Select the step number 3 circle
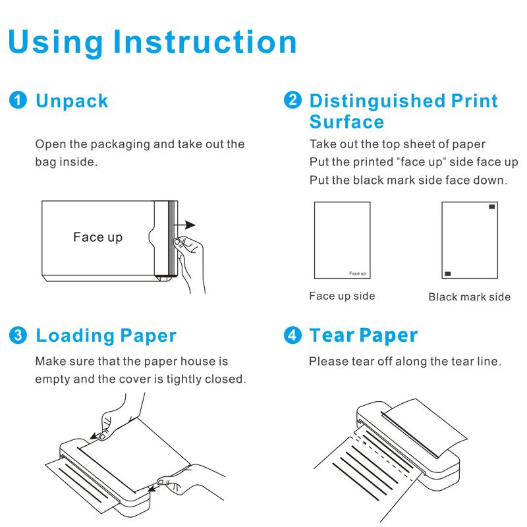(18, 335)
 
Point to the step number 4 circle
(291, 335)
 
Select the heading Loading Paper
(105, 335)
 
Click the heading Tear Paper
(363, 335)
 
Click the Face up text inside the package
(97, 236)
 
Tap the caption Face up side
(342, 296)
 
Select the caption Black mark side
(469, 297)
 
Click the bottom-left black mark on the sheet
(448, 272)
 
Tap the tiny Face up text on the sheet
(357, 273)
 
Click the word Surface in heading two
(347, 122)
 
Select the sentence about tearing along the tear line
(405, 362)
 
